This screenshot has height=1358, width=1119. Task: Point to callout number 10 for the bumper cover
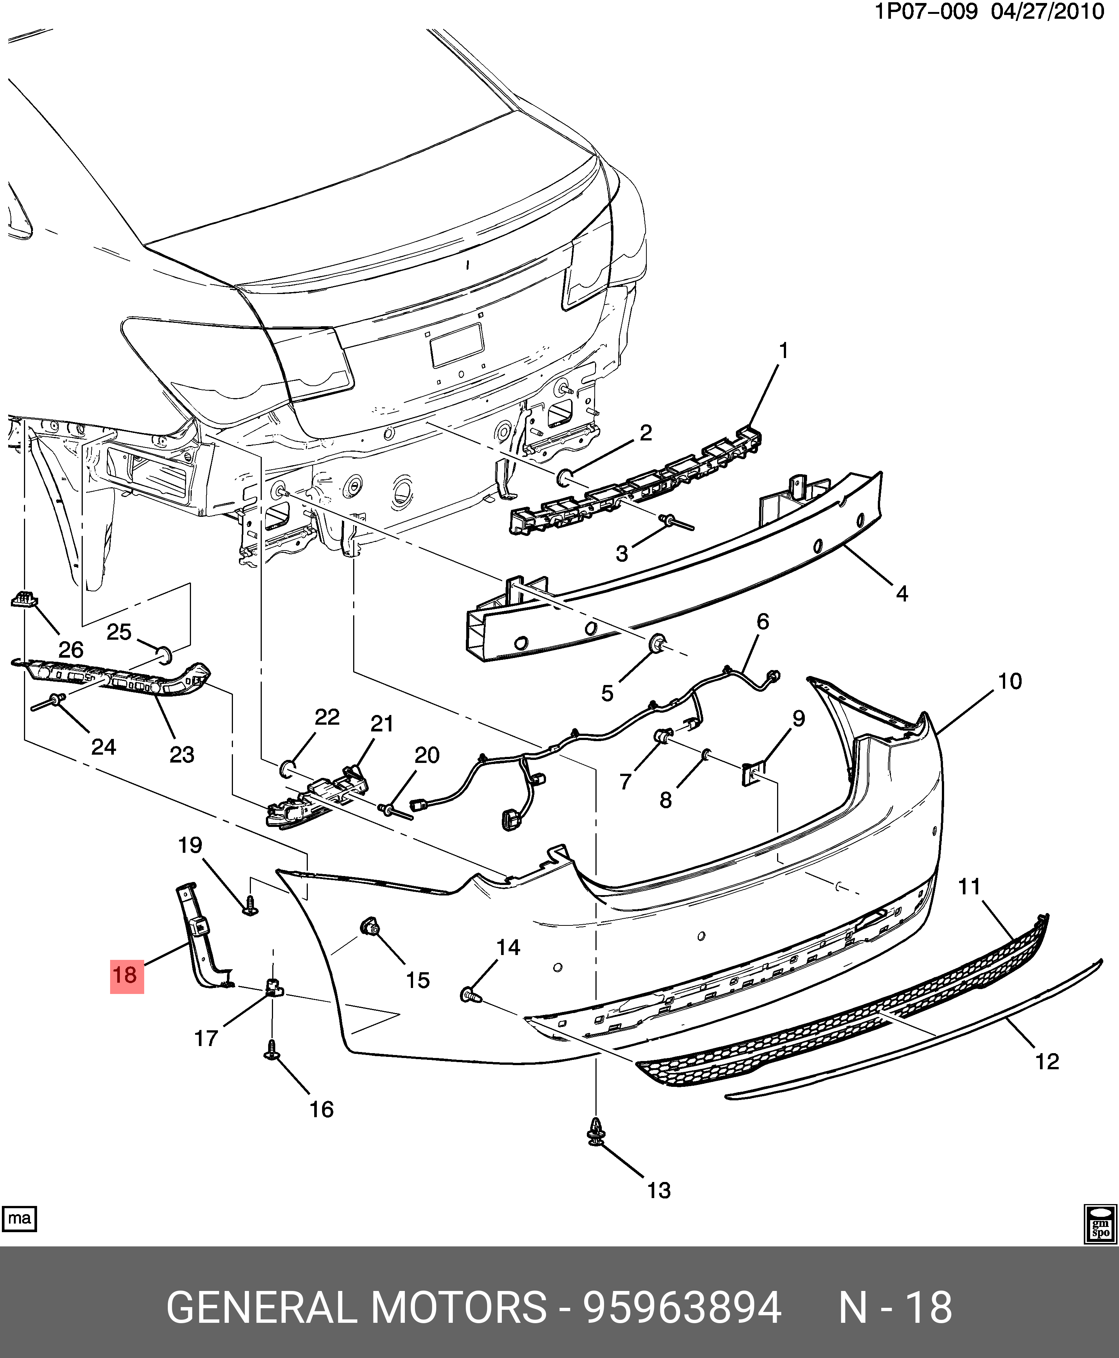click(1009, 681)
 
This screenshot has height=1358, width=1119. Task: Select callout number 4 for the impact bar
click(902, 594)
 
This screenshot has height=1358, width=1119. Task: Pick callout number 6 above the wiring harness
click(762, 621)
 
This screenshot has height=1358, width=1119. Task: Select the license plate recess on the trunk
click(457, 345)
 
